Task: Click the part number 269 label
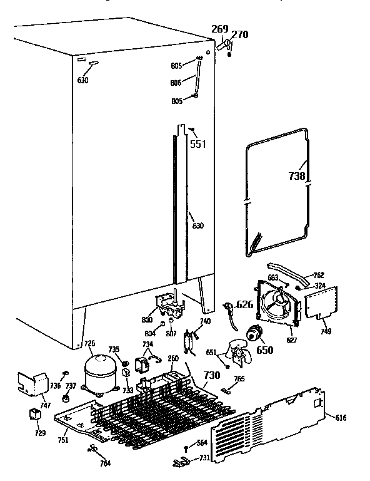[219, 29]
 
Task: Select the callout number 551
[198, 144]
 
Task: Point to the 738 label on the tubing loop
[297, 177]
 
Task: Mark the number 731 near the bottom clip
[204, 459]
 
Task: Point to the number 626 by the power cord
[245, 306]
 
